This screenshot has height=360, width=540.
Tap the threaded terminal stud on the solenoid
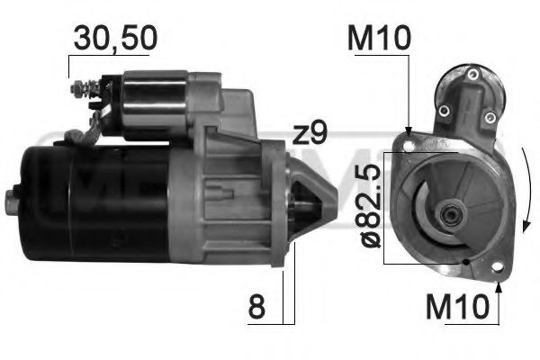(79, 89)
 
